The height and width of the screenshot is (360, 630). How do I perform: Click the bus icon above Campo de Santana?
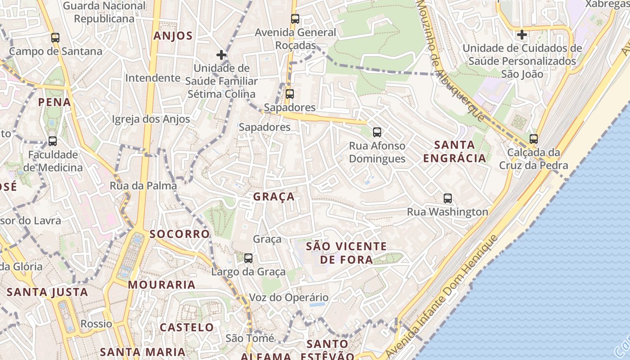tap(55, 38)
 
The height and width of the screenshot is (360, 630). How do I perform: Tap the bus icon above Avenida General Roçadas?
tap(295, 19)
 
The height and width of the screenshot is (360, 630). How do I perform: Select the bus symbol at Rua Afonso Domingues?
tap(377, 132)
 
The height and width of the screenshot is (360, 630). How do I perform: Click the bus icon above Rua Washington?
tap(448, 198)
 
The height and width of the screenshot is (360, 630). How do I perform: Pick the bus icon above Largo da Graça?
tap(248, 258)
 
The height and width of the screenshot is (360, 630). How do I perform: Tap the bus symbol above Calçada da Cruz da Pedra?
tap(534, 139)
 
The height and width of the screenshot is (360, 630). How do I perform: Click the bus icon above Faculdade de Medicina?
tap(53, 141)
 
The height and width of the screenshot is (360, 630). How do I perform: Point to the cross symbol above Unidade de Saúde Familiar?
tap(221, 55)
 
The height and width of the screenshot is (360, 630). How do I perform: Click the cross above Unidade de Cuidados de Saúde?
tap(522, 34)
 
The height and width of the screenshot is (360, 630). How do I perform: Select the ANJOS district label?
tap(173, 36)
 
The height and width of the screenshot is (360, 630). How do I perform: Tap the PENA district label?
tap(54, 102)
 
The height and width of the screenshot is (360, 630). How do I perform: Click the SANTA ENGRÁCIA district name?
tap(454, 151)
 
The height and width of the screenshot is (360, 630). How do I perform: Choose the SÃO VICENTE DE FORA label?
tap(346, 253)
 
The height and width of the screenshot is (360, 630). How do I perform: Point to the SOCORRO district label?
tap(180, 234)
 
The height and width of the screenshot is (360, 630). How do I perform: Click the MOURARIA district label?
tap(162, 284)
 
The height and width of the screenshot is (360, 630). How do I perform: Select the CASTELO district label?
tap(187, 327)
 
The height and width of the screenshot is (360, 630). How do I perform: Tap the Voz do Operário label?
tap(289, 297)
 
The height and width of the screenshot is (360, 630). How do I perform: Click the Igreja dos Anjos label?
tap(151, 119)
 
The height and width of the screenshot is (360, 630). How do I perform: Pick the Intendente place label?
tap(153, 78)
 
